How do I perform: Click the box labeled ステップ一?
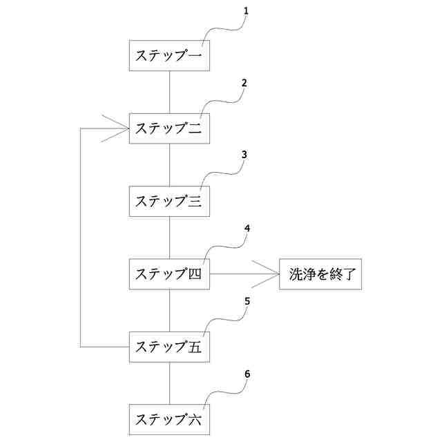pyautogui.click(x=169, y=55)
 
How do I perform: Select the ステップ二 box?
pyautogui.click(x=169, y=128)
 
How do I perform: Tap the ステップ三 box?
pyautogui.click(x=169, y=201)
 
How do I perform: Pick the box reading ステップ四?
pyautogui.click(x=169, y=274)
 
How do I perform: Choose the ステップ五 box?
pyautogui.click(x=169, y=347)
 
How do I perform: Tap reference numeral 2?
pyautogui.click(x=244, y=83)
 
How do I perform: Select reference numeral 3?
pyautogui.click(x=244, y=155)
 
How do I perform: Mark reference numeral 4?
pyautogui.click(x=247, y=228)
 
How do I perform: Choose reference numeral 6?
pyautogui.click(x=247, y=374)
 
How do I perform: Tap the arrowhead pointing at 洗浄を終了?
pyautogui.click(x=265, y=274)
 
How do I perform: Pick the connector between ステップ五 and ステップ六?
pyautogui.click(x=169, y=383)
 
